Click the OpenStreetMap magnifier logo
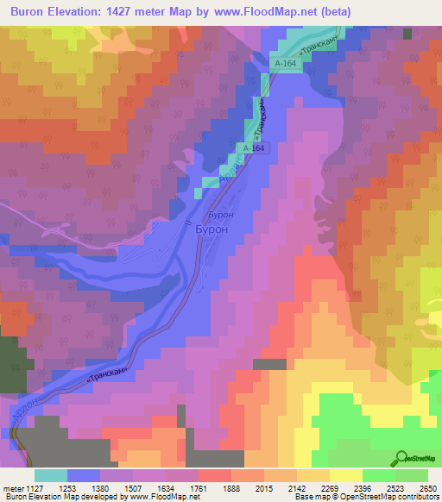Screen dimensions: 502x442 click(x=401, y=457)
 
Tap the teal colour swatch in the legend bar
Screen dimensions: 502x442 click(x=51, y=474)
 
